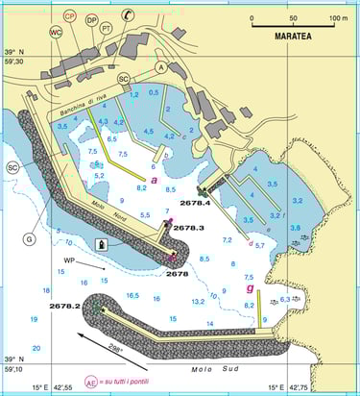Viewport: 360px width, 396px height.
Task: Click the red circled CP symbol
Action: (x=70, y=16)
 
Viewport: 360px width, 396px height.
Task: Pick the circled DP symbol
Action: (x=91, y=19)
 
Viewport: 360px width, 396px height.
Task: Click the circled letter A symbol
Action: (x=161, y=67)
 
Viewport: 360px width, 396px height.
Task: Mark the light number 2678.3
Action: (x=189, y=228)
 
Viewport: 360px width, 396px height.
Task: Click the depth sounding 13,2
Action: (x=199, y=301)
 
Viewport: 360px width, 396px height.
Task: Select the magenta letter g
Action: (x=251, y=287)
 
